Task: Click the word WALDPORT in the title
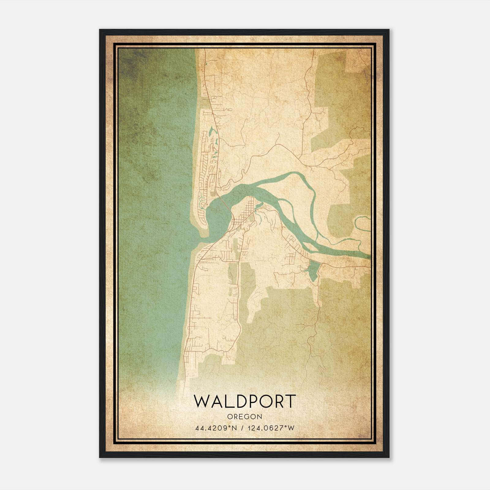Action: (245, 401)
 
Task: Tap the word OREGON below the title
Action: (245, 417)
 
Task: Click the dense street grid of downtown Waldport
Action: (245, 214)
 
